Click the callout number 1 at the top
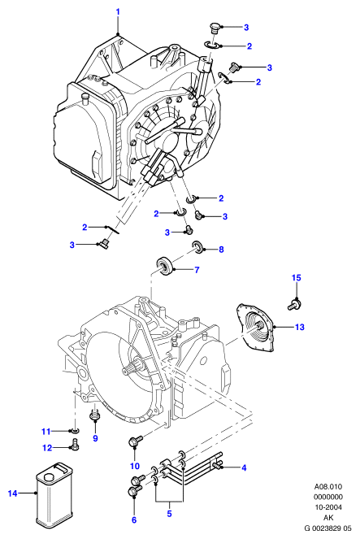pos(118,12)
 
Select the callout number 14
pos(12,493)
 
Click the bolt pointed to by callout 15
pos(294,304)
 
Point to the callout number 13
pos(300,327)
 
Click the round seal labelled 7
pos(167,266)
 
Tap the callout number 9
pos(96,438)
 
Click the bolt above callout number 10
pos(136,441)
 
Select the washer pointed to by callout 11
pos(74,430)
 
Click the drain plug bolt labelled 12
pos(75,444)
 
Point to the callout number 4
pos(244,467)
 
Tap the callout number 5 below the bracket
pos(169,514)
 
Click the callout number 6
pos(134,519)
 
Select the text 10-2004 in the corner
pos(328,507)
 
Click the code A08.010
pos(328,486)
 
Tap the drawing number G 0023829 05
pos(328,528)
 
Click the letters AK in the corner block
pos(328,517)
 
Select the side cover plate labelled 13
pos(256,327)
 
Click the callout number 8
pos(221,250)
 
